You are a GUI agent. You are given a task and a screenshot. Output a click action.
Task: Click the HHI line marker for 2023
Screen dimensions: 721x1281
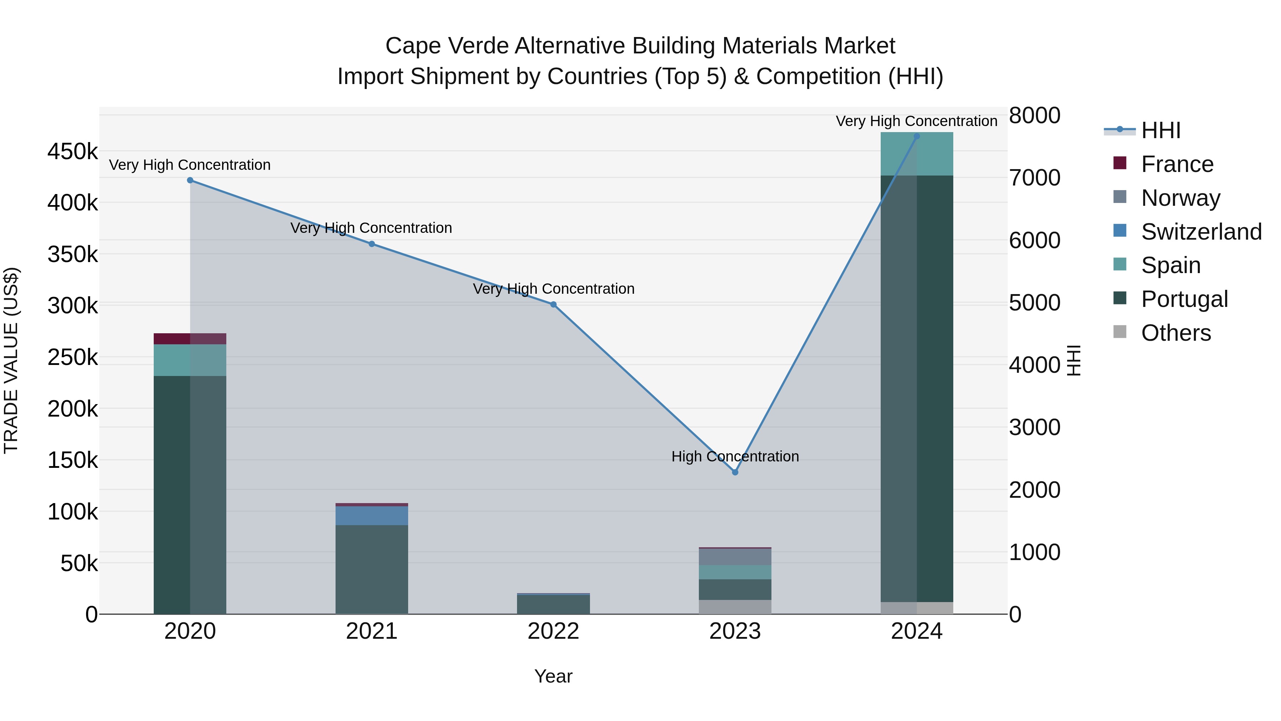pos(735,472)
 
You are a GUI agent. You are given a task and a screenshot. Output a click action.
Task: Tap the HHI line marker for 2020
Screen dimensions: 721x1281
pos(190,180)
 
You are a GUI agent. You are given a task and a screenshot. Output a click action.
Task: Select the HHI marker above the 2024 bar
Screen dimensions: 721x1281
pos(917,136)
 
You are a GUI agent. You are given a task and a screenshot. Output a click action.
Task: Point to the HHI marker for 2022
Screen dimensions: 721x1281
pos(553,304)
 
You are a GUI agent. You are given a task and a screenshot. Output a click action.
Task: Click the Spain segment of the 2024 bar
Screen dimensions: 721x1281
pos(917,154)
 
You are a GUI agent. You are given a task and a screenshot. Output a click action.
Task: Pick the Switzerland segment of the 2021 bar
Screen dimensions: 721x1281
pos(371,516)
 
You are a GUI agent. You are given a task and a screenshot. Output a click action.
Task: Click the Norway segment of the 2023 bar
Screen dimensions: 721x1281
pos(735,557)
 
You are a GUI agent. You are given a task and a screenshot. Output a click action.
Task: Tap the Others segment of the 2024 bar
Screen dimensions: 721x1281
pos(917,608)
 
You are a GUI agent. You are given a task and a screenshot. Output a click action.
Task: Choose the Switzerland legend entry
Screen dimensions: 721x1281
pos(1201,232)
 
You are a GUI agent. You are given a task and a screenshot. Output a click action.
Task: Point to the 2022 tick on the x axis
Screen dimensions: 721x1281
pos(553,631)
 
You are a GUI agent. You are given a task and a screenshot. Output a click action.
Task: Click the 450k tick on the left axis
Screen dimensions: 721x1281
pos(73,151)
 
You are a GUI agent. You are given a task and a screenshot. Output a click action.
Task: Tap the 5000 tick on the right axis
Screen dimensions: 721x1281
pos(1034,303)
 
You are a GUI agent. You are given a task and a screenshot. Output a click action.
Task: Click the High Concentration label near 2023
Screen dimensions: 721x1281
pos(735,456)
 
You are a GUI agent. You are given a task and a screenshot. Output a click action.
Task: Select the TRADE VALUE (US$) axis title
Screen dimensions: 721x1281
pos(11,360)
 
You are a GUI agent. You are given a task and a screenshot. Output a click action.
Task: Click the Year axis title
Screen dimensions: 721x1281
pos(553,676)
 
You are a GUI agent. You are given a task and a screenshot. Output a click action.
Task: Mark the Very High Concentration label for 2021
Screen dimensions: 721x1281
pos(371,228)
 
